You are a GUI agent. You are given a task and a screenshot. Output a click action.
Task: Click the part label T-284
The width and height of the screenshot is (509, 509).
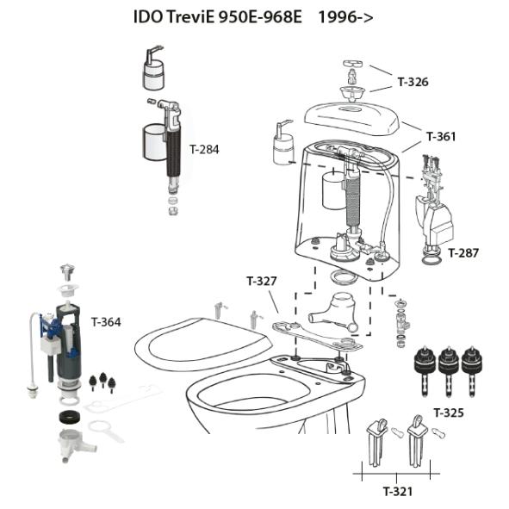point(204,149)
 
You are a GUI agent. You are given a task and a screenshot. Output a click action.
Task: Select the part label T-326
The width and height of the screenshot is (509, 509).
point(413,83)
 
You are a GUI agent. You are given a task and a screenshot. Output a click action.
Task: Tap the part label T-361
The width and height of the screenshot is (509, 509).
point(440,136)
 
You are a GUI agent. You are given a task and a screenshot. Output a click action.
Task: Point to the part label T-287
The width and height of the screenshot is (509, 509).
point(462,253)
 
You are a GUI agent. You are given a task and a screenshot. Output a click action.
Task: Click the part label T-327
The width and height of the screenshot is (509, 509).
point(261,281)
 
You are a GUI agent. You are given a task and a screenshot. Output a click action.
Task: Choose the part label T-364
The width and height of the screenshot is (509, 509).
point(106,322)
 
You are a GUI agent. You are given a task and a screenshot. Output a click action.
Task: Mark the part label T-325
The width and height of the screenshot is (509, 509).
point(449,413)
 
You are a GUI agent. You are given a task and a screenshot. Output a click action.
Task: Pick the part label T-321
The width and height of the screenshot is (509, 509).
point(397,491)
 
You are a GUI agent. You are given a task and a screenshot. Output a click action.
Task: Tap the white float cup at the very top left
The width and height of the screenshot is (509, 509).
point(154,72)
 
